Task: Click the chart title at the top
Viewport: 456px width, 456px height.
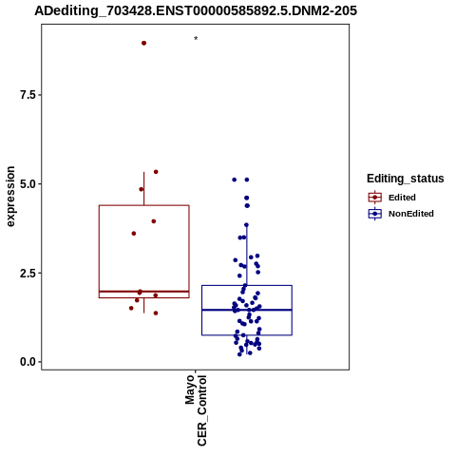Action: [x=196, y=10]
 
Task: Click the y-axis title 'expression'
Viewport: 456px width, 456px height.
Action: [x=10, y=197]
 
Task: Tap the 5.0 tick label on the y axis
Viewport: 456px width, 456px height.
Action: [x=27, y=183]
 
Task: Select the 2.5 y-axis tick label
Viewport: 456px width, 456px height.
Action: [x=27, y=273]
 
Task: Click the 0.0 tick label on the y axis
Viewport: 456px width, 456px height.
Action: [x=27, y=362]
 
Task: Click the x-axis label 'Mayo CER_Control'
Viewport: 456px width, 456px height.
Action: [x=196, y=410]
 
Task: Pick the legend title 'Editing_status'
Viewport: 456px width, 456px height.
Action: [x=406, y=179]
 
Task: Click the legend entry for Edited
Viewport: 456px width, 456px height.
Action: [x=402, y=198]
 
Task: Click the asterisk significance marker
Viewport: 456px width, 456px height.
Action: [x=196, y=39]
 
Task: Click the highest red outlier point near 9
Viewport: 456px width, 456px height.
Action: [x=143, y=43]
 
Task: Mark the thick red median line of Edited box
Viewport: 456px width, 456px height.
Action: [x=144, y=292]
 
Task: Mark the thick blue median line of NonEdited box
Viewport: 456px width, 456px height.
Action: [x=247, y=310]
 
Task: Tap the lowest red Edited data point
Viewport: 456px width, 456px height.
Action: [x=156, y=313]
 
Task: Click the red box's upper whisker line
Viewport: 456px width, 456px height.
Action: [x=144, y=189]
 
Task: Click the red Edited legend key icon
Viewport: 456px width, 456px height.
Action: [x=375, y=198]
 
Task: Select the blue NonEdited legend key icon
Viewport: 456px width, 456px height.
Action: [x=375, y=214]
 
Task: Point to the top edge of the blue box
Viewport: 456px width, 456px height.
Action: [x=247, y=286]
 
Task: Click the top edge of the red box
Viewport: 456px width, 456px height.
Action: [x=144, y=205]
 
